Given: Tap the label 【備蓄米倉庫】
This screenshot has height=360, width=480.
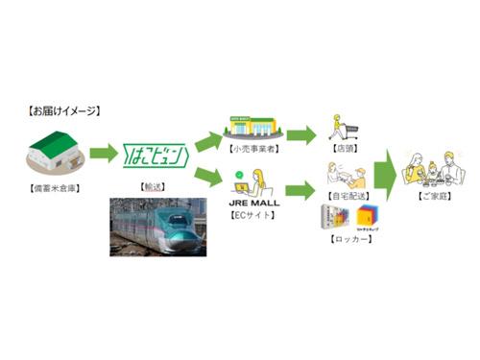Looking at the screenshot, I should click(57, 182).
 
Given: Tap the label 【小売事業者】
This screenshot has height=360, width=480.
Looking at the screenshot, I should click(252, 149).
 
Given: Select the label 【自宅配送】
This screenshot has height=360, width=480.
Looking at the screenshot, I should click(345, 196).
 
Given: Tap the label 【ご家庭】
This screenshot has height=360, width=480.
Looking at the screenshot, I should click(431, 196).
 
